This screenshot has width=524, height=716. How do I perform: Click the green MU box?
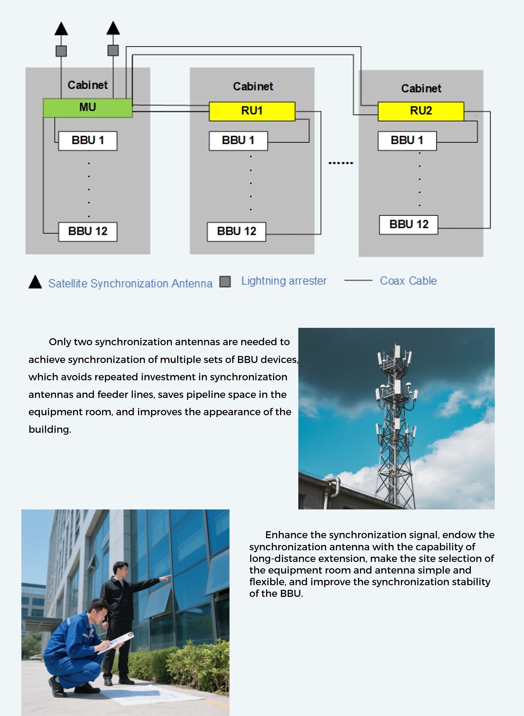pos(87,108)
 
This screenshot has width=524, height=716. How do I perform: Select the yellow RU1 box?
pos(252,111)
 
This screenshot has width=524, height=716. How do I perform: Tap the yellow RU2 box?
pos(421,111)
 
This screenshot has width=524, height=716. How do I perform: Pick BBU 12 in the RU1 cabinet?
pos(236,232)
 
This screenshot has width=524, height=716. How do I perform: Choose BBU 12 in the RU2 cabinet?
pos(409,225)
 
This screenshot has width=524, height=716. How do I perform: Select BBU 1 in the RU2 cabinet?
pos(407,141)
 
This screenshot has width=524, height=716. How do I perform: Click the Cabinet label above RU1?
pos(253,87)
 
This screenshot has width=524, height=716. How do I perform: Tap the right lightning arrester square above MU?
pos(113,50)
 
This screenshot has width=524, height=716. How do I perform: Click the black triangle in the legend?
pos(35,282)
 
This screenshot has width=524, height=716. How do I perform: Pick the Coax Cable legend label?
pos(408,281)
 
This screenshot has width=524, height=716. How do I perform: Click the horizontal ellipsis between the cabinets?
pos(341,163)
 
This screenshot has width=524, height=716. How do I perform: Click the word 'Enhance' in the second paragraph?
pos(286,535)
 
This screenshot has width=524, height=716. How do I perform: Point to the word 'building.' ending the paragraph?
pos(50,429)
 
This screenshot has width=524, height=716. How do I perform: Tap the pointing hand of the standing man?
pos(166,578)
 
